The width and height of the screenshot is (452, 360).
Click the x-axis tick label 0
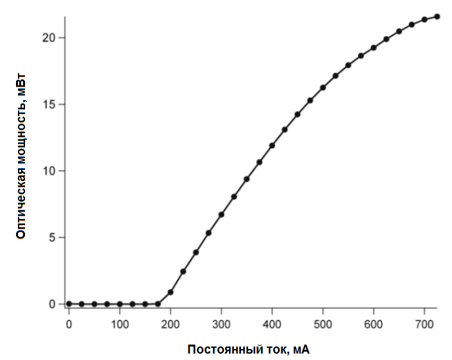click(x=69, y=324)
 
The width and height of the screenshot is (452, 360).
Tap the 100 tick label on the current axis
click(x=119, y=324)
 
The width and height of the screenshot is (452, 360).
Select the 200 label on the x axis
click(x=171, y=324)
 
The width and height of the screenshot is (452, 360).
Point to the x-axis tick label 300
click(x=221, y=324)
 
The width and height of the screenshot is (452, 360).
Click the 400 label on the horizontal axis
click(x=272, y=324)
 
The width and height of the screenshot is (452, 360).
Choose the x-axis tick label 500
click(x=322, y=324)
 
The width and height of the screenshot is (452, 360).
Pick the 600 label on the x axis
click(x=373, y=324)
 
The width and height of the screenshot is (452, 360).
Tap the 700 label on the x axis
click(x=424, y=324)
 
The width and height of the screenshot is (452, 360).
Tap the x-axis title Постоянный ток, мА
click(x=249, y=350)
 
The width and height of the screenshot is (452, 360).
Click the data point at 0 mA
click(x=69, y=304)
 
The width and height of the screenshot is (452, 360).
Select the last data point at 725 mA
click(x=437, y=16)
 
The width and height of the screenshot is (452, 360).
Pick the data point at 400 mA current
click(x=272, y=146)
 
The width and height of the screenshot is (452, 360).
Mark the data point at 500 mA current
click(x=322, y=87)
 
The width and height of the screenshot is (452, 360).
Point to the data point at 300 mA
click(x=221, y=214)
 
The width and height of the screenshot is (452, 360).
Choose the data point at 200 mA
click(x=171, y=292)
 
